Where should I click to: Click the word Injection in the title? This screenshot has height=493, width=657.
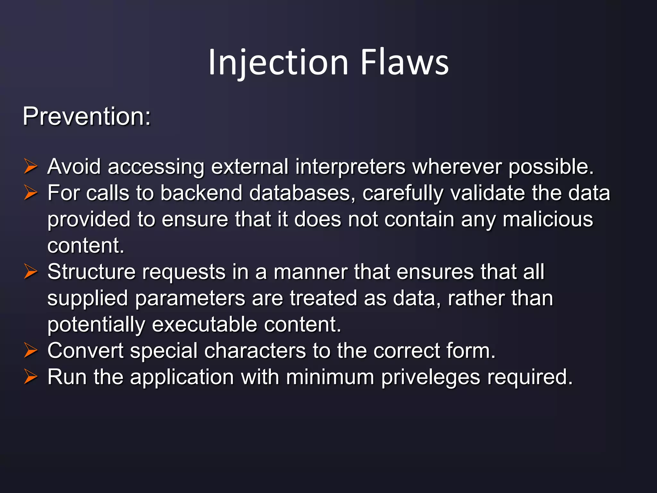pos(278,62)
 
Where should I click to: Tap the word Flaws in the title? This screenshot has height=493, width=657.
pos(404,62)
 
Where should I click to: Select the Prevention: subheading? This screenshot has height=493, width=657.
pos(87,116)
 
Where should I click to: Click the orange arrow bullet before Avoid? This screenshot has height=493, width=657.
pos(31,167)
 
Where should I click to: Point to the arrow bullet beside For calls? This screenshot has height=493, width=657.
pos(31,193)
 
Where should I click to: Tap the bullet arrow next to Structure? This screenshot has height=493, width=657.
pos(31,272)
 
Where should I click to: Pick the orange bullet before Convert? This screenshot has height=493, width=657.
pos(31,350)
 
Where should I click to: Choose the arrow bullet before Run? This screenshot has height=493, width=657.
pos(31,377)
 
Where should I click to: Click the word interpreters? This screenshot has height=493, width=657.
pos(350,167)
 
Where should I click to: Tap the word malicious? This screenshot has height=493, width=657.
pos(548,220)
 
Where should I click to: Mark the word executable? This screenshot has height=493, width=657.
pos(204,324)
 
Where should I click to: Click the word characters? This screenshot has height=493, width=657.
pos(255,350)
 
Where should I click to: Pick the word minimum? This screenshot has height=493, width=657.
pos(330,377)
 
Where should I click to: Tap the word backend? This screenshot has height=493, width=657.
pos(201,193)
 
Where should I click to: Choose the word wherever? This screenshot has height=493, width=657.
pos(457,167)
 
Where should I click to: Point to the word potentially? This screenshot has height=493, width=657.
pos(96,324)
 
